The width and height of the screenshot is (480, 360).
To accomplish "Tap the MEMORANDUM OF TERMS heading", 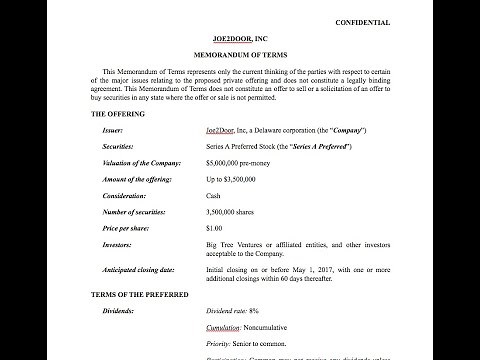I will click(x=240, y=55).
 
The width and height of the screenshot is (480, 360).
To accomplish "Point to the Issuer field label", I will click(x=115, y=131).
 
